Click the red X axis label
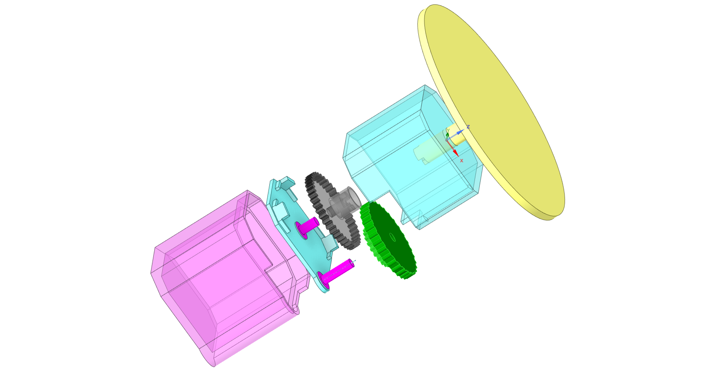point(462,161)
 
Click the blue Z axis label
point(468,127)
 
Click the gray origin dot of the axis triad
point(447,140)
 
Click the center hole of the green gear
point(392,237)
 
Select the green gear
point(388,240)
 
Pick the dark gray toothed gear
point(332,211)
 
